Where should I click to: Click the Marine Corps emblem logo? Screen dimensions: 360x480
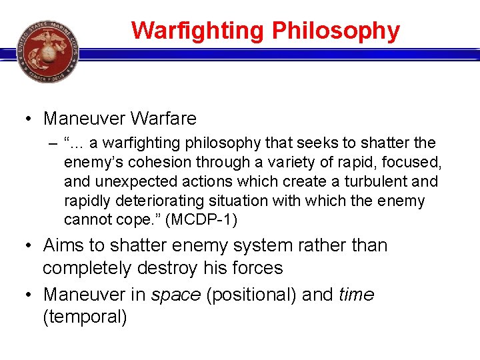point(47,51)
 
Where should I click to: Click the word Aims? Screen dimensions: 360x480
point(63,245)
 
